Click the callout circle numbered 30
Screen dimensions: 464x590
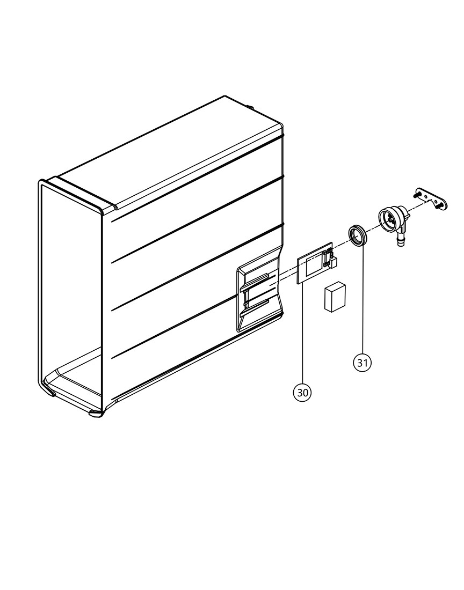[x=302, y=393]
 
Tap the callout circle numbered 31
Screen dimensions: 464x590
[x=362, y=363]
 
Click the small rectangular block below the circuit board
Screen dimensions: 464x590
[x=335, y=297]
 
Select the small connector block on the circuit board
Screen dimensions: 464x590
[x=331, y=259]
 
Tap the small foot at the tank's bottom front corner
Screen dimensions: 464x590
[x=96, y=414]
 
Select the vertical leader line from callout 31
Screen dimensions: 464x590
[x=363, y=301]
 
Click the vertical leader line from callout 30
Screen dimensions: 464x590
[x=303, y=335]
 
